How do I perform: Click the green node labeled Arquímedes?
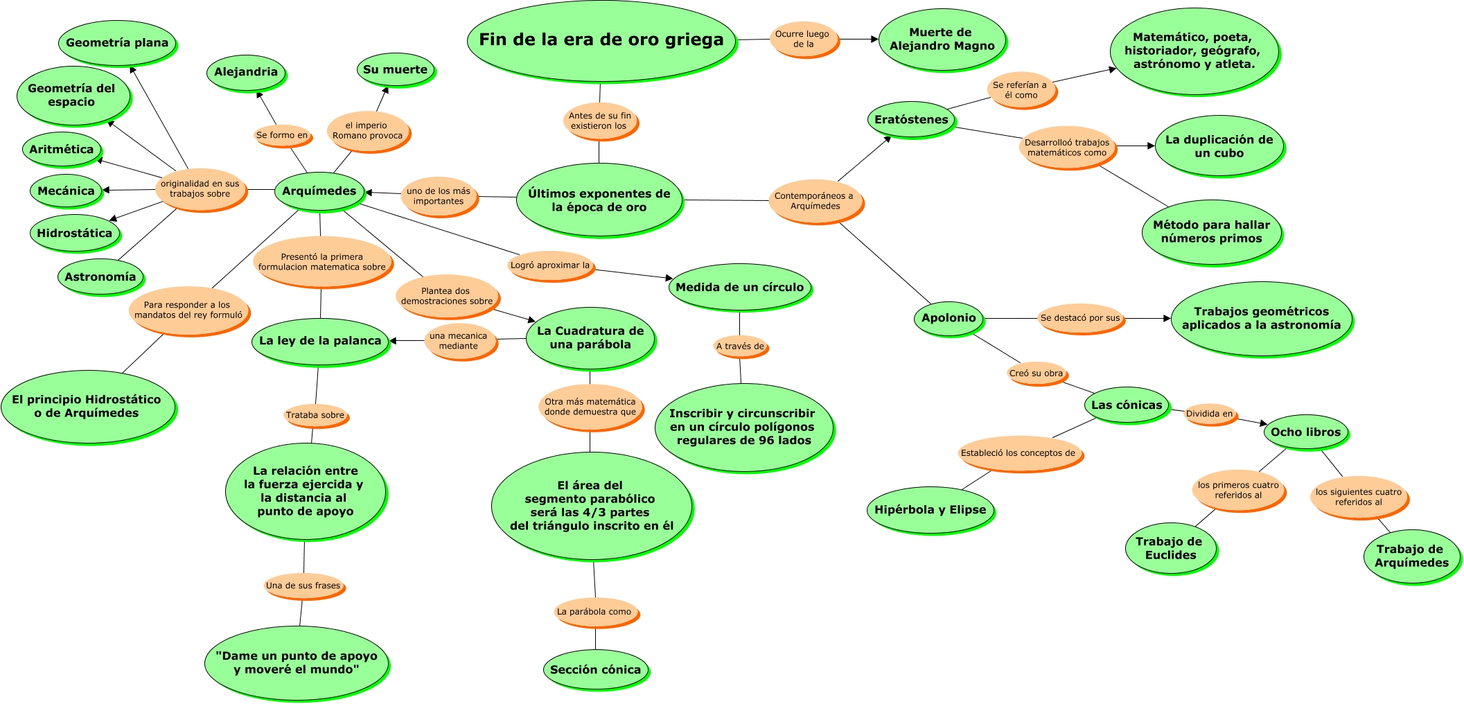[319, 191]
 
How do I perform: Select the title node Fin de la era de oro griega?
[601, 40]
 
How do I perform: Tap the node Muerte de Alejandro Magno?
[942, 39]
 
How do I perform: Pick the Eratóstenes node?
[910, 119]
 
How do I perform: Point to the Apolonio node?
[948, 317]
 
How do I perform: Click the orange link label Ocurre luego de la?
[802, 39]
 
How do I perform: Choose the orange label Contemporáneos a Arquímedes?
[814, 201]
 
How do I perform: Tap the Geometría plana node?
[116, 42]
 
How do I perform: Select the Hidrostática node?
[74, 233]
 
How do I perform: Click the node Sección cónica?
[595, 669]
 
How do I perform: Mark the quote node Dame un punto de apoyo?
[297, 662]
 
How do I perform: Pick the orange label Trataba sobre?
[315, 415]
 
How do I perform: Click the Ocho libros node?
[1305, 432]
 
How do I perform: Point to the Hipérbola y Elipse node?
[930, 509]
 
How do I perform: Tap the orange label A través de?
[740, 346]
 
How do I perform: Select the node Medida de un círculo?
[739, 287]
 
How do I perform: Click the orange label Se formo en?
[282, 135]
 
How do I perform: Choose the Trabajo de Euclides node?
[1170, 548]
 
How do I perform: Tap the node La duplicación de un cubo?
[1219, 146]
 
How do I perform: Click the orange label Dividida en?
[1210, 414]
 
